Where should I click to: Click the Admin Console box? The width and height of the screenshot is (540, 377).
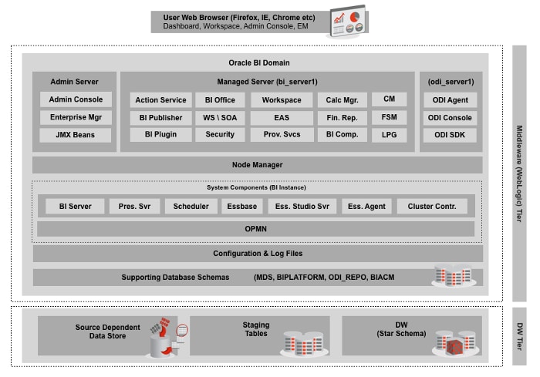76,99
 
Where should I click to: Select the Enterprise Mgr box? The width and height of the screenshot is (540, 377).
76,117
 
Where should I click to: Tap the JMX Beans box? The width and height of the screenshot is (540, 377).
76,135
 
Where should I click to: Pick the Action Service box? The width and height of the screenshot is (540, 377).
160,100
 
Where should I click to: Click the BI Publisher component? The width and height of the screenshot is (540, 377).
160,117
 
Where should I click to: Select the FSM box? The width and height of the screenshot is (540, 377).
389,117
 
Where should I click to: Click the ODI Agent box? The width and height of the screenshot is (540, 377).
451,99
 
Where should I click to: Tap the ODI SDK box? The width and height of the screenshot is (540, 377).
451,135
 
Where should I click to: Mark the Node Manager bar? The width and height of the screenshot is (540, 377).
257,164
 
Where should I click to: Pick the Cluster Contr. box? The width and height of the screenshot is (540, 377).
432,206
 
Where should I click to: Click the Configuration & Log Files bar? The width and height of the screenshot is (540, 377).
257,254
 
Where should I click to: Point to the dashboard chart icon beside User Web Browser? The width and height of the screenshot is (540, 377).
346,22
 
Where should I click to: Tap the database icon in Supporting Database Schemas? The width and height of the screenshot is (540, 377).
452,275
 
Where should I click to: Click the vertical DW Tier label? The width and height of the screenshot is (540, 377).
519,335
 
